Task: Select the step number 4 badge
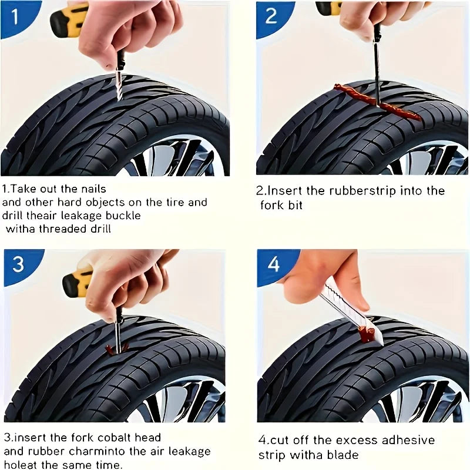pyautogui.click(x=273, y=264)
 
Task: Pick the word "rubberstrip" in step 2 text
pyautogui.click(x=358, y=191)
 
